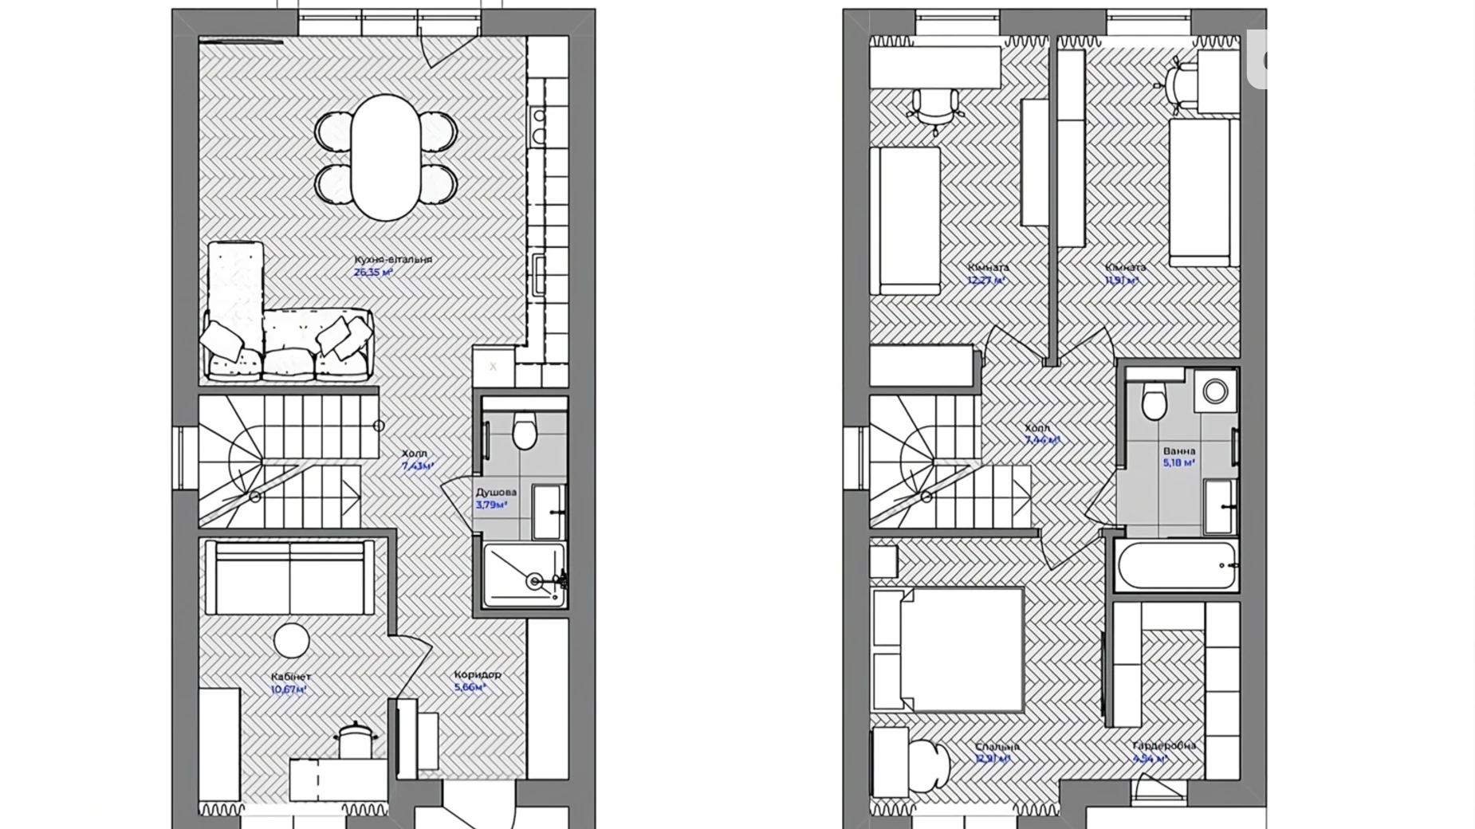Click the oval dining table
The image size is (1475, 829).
pyautogui.click(x=386, y=157)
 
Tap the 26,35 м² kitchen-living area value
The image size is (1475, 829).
pyautogui.click(x=373, y=272)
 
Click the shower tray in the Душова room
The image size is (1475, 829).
pyautogui.click(x=524, y=575)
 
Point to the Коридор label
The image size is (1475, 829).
pyautogui.click(x=478, y=674)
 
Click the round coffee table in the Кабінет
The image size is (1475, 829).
pyautogui.click(x=291, y=641)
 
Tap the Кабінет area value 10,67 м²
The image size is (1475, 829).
pyautogui.click(x=289, y=690)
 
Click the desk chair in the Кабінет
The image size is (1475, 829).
pyautogui.click(x=354, y=739)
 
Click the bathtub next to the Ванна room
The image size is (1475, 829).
pyautogui.click(x=1176, y=565)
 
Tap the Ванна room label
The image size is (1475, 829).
pyautogui.click(x=1178, y=450)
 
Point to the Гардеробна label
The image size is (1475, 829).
pyautogui.click(x=1163, y=745)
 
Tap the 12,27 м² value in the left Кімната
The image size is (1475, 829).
pyautogui.click(x=985, y=281)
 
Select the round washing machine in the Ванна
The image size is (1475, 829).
pyautogui.click(x=1215, y=391)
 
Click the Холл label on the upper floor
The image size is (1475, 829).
pyautogui.click(x=1037, y=428)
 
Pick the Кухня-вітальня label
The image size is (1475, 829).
pyautogui.click(x=393, y=259)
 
